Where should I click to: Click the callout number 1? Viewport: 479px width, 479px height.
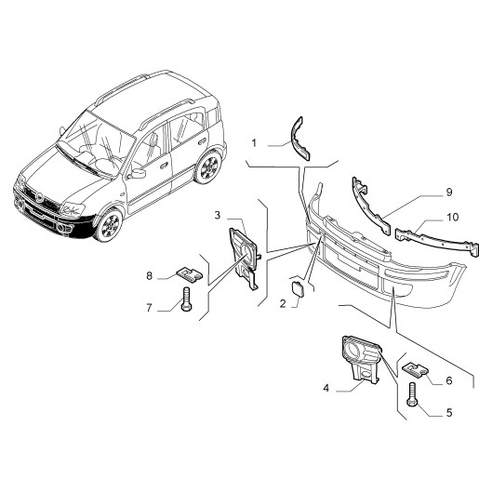click(254, 143)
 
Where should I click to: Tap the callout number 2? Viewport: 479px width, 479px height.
click(283, 303)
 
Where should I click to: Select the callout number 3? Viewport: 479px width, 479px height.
click(218, 215)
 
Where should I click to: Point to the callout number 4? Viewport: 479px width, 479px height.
click(326, 388)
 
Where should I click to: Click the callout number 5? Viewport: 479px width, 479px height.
click(449, 413)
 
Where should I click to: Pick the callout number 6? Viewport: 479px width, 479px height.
click(449, 380)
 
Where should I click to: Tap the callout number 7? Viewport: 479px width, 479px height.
click(149, 308)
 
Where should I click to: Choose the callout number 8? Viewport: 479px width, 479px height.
click(150, 275)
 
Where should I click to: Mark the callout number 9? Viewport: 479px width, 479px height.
click(449, 192)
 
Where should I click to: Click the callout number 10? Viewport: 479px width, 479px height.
click(453, 217)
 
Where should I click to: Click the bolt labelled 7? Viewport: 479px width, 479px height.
click(186, 299)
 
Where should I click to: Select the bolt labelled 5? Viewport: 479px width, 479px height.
click(412, 393)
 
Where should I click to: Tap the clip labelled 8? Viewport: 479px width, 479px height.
click(189, 274)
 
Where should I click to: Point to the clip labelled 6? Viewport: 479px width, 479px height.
click(415, 369)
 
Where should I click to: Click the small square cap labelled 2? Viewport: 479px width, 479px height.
click(298, 287)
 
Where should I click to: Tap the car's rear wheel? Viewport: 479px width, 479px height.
click(208, 167)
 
